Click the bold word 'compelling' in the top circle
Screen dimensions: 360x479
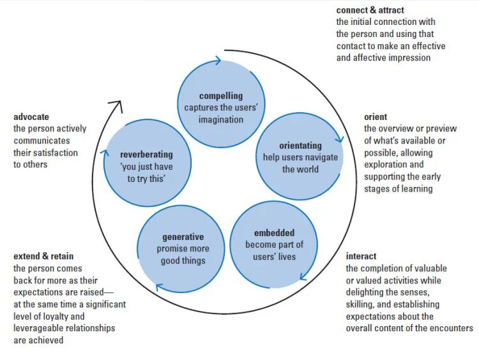221,96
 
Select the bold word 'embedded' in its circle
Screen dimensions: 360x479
274,233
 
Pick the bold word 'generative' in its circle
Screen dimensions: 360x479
183,237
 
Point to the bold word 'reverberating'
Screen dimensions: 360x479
147,154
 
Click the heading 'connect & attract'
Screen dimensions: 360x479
370,11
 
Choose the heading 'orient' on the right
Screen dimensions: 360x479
376,117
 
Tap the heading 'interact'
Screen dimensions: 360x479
361,257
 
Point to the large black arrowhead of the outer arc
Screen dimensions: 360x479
116,105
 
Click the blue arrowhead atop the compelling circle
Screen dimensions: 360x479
218,61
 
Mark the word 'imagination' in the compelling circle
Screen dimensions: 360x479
221,120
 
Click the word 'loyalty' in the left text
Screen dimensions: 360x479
73,316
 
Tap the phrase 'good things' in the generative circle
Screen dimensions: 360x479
183,260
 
